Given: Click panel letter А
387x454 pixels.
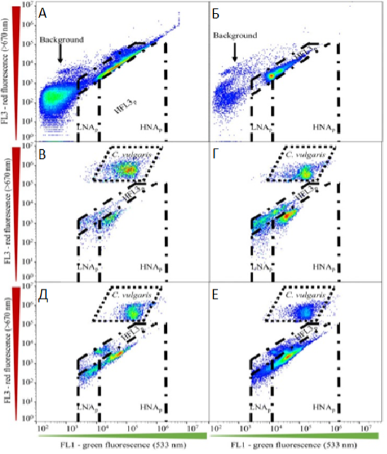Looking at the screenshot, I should [43, 12].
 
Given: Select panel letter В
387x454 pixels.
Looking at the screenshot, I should [43, 156].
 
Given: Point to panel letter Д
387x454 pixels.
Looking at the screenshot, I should [43, 300].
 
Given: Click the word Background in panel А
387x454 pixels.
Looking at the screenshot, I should [62, 40].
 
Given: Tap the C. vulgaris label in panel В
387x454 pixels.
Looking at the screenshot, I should [123, 154].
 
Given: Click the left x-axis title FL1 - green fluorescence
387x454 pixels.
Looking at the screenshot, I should [123, 447].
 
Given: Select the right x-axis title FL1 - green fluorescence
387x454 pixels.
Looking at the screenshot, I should [295, 447].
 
